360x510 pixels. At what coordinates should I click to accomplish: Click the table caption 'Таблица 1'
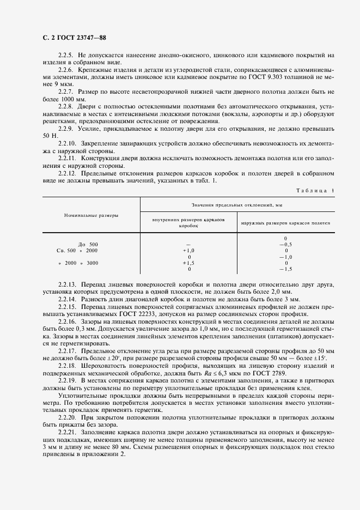315,190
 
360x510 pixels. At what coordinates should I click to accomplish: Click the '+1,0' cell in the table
188,250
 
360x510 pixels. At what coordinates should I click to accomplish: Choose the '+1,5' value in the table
188,263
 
